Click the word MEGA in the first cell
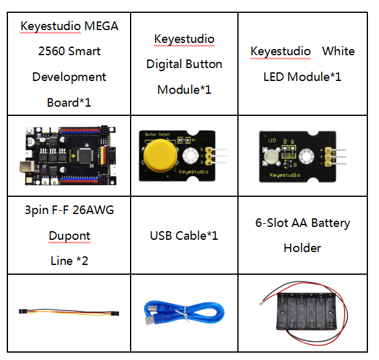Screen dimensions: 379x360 coord(102,26)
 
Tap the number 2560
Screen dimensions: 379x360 coord(51,52)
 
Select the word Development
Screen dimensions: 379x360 coord(69,77)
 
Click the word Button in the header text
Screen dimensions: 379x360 coord(204,64)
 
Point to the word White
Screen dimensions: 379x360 coord(339,52)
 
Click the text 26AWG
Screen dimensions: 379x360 coord(93,210)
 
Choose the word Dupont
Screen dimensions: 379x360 coord(69,236)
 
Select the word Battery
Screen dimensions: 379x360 coord(331,223)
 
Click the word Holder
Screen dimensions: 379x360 coord(302,248)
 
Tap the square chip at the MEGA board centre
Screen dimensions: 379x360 coord(85,155)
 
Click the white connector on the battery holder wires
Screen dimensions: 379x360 coord(262,302)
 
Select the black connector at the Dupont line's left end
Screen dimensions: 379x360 coord(23,311)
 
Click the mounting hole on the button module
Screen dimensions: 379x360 coord(191,155)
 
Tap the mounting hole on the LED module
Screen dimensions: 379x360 coord(307,156)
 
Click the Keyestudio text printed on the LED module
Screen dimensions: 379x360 coord(285,175)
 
